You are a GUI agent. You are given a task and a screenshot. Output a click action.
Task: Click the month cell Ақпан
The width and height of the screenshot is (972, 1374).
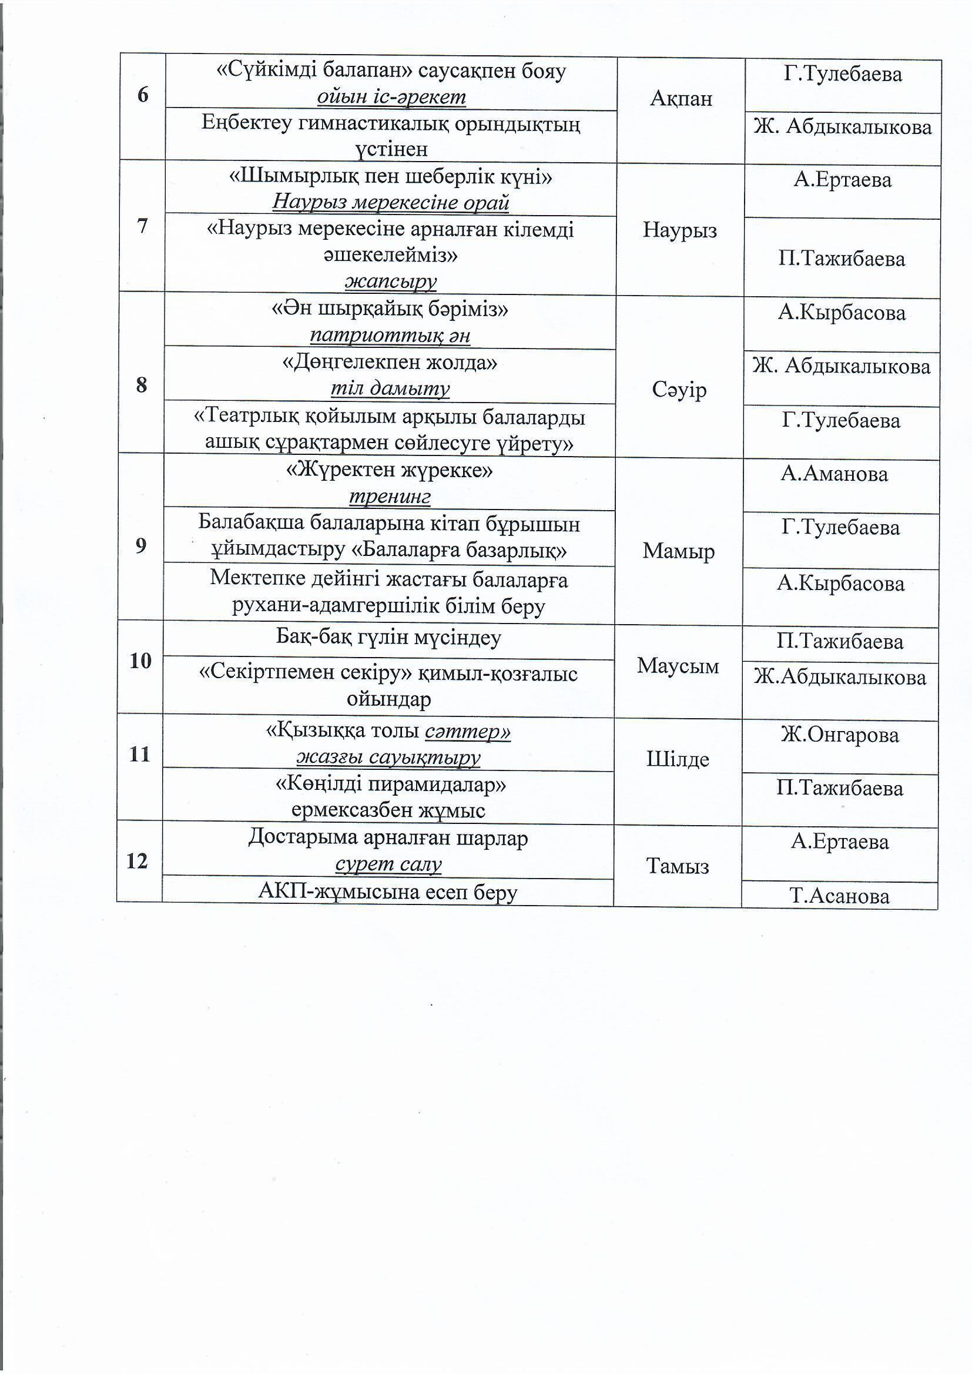pos(681,98)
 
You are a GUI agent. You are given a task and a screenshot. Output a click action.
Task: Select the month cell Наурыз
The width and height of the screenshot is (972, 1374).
pos(679,230)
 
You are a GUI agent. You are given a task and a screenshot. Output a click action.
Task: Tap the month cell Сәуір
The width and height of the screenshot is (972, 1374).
pos(679,390)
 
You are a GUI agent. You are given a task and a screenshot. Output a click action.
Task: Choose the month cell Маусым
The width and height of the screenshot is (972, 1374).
pos(678,665)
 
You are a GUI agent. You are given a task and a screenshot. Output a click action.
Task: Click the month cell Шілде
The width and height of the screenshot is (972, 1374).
pos(678,759)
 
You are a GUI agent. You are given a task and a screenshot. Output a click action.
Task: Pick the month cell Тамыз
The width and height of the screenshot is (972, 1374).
pos(678,866)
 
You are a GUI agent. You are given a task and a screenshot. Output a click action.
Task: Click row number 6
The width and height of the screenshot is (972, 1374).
pos(142,95)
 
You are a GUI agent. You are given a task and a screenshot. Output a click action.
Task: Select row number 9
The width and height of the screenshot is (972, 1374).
pos(140,545)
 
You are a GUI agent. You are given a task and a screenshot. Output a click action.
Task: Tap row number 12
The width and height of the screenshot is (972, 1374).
pos(137,861)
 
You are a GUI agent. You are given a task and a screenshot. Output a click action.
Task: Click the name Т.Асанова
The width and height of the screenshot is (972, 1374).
pos(839,896)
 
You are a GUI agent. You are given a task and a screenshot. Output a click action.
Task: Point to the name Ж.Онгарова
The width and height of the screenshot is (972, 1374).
pos(840,735)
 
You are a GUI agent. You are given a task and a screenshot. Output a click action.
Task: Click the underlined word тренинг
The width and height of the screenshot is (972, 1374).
pos(390,497)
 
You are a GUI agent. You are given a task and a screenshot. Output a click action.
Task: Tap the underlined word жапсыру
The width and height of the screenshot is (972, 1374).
pos(391,281)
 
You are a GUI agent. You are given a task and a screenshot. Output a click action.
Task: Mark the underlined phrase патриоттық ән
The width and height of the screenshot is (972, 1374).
pos(390,336)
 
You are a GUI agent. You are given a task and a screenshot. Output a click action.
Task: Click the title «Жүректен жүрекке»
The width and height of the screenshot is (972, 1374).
pos(390,471)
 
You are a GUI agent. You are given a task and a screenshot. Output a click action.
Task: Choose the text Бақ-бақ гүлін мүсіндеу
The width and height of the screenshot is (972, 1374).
pos(388,637)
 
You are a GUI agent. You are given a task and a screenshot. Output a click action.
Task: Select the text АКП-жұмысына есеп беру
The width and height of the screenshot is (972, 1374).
pos(387,892)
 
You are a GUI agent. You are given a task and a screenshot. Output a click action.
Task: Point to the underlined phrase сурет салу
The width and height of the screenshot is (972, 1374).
pos(388,864)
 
